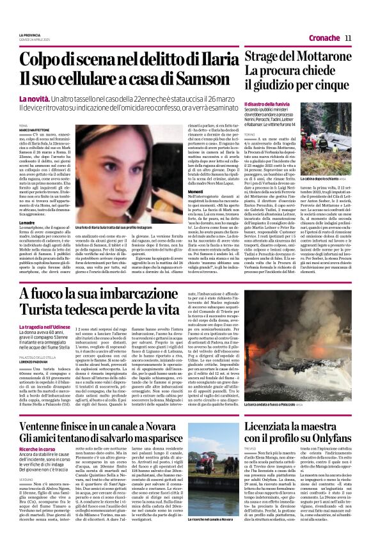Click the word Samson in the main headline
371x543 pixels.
coord(205,77)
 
